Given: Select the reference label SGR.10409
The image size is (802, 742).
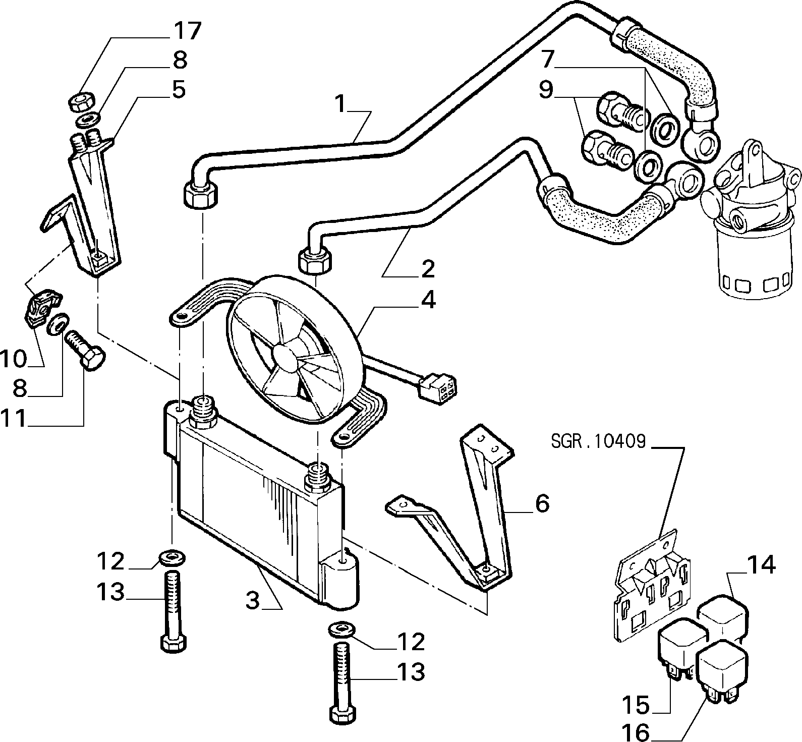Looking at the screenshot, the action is pos(598,442).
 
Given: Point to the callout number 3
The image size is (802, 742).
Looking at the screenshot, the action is pos(253,600).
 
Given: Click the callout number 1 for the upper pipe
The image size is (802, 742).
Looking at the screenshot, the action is pos(342,104).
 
